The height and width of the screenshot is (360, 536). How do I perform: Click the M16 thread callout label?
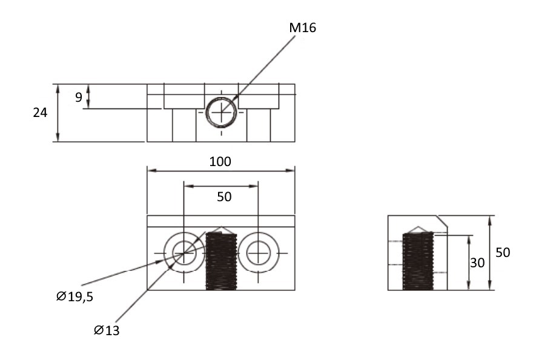303,28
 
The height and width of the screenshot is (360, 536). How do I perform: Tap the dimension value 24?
40,113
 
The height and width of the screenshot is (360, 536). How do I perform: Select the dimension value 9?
79,97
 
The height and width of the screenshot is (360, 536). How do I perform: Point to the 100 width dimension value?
220,162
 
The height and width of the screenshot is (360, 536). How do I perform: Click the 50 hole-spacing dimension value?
224,197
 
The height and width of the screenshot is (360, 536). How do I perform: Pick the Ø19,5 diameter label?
74,296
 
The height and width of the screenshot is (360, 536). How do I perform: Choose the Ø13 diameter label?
107,330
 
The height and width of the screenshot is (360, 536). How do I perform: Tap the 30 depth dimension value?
477,263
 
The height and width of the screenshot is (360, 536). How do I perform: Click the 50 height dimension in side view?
503,253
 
